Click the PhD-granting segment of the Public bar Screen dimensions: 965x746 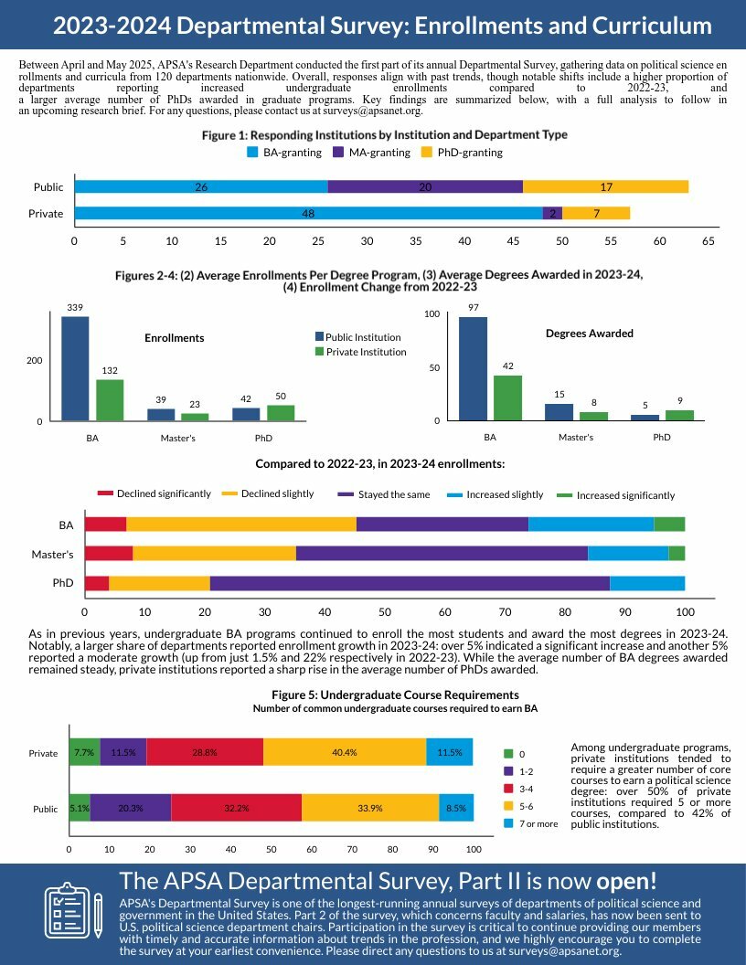pos(605,186)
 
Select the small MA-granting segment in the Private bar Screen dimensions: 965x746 pos(552,214)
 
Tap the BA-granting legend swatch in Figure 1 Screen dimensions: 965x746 pos(253,153)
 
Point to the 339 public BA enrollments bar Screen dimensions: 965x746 pos(75,368)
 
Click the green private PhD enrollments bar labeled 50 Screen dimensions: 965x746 pos(281,413)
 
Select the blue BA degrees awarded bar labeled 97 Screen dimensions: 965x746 pos(473,368)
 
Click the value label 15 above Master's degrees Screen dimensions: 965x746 pos(559,395)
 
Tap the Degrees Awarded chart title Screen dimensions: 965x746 pos(589,334)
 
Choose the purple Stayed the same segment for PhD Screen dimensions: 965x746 pos(410,583)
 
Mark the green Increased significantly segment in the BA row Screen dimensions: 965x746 pos(669,524)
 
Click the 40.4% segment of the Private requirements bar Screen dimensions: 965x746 pos(345,753)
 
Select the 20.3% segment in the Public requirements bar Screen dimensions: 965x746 pos(131,808)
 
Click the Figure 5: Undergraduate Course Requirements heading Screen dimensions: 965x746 pos(395,695)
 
